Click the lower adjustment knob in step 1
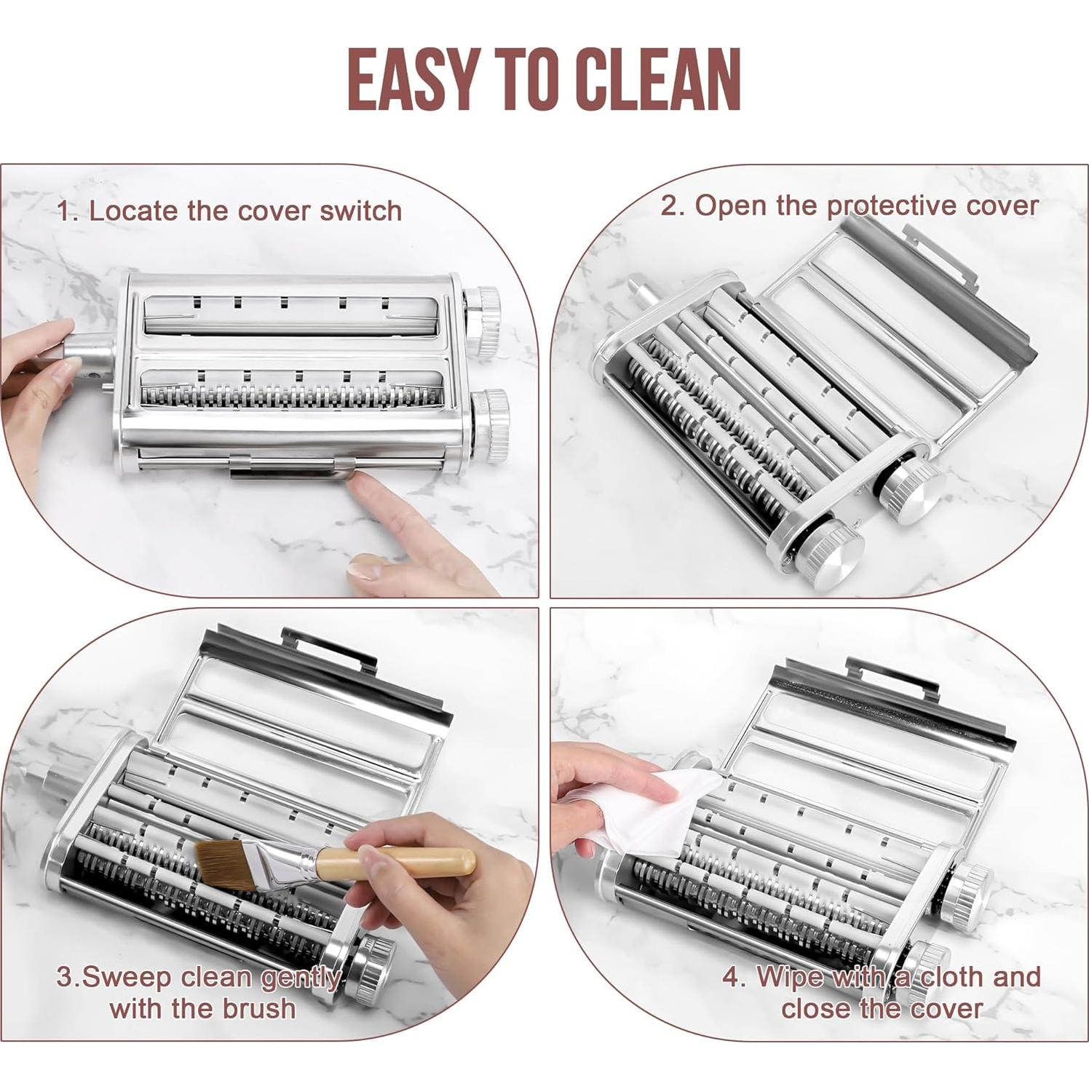tap(489, 426)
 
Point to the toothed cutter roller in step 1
tap(291, 397)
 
